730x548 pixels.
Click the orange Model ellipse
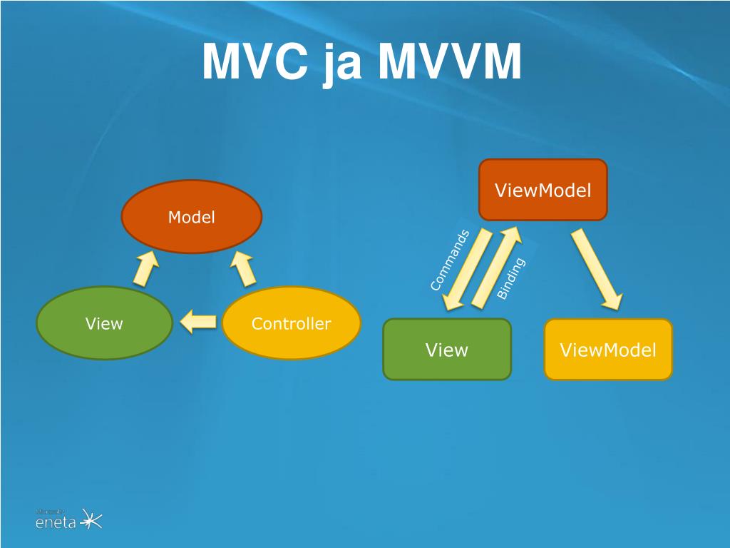pyautogui.click(x=192, y=217)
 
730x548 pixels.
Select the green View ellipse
pyautogui.click(x=104, y=324)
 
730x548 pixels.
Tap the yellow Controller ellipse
pyautogui.click(x=291, y=324)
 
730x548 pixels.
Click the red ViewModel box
pyautogui.click(x=543, y=190)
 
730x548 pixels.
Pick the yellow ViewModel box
pyautogui.click(x=608, y=350)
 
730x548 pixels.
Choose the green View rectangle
pyautogui.click(x=447, y=350)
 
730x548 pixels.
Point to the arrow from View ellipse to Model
pyautogui.click(x=146, y=269)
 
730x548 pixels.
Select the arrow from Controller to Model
pyautogui.click(x=242, y=269)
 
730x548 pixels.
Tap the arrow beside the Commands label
pyautogui.click(x=467, y=270)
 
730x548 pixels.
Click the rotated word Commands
pyautogui.click(x=450, y=260)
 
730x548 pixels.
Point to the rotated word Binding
pyautogui.click(x=510, y=278)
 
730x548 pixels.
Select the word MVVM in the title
pyautogui.click(x=449, y=63)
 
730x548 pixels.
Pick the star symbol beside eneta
pyautogui.click(x=91, y=519)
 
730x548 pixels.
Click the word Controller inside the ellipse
pyautogui.click(x=291, y=324)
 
